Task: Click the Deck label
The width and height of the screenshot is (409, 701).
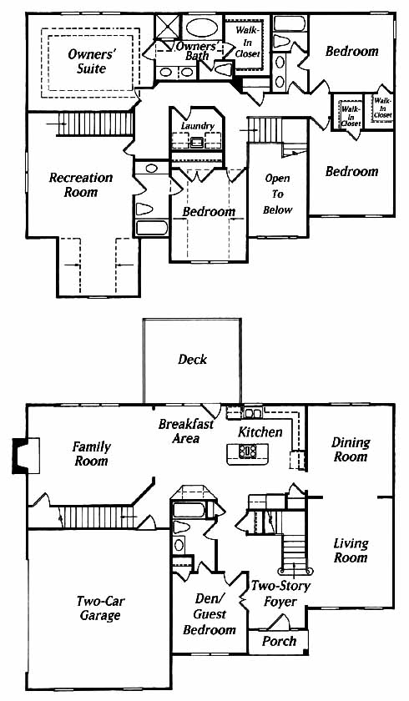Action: point(192,359)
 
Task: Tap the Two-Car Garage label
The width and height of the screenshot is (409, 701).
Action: point(99,608)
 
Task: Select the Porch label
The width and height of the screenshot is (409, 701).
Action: point(279,641)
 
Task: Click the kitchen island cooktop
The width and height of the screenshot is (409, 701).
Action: point(248,451)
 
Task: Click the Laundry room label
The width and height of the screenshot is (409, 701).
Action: point(198,126)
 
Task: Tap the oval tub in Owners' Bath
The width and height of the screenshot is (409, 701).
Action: point(202,28)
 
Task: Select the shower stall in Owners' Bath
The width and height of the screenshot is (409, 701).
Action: point(167,27)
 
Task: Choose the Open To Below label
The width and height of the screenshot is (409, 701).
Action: point(278,194)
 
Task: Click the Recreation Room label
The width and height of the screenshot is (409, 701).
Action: point(80,184)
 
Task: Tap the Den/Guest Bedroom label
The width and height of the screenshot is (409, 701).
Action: point(210,614)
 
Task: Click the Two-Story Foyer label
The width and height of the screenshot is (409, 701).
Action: point(280,593)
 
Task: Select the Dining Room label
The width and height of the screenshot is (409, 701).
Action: point(351,449)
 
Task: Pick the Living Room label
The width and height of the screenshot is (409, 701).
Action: point(351,550)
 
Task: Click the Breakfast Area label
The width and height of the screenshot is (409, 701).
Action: point(186,431)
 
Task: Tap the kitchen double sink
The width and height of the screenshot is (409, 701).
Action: point(253,412)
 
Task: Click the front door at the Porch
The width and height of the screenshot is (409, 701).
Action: point(279,623)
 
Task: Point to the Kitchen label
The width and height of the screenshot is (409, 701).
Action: point(260,432)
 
